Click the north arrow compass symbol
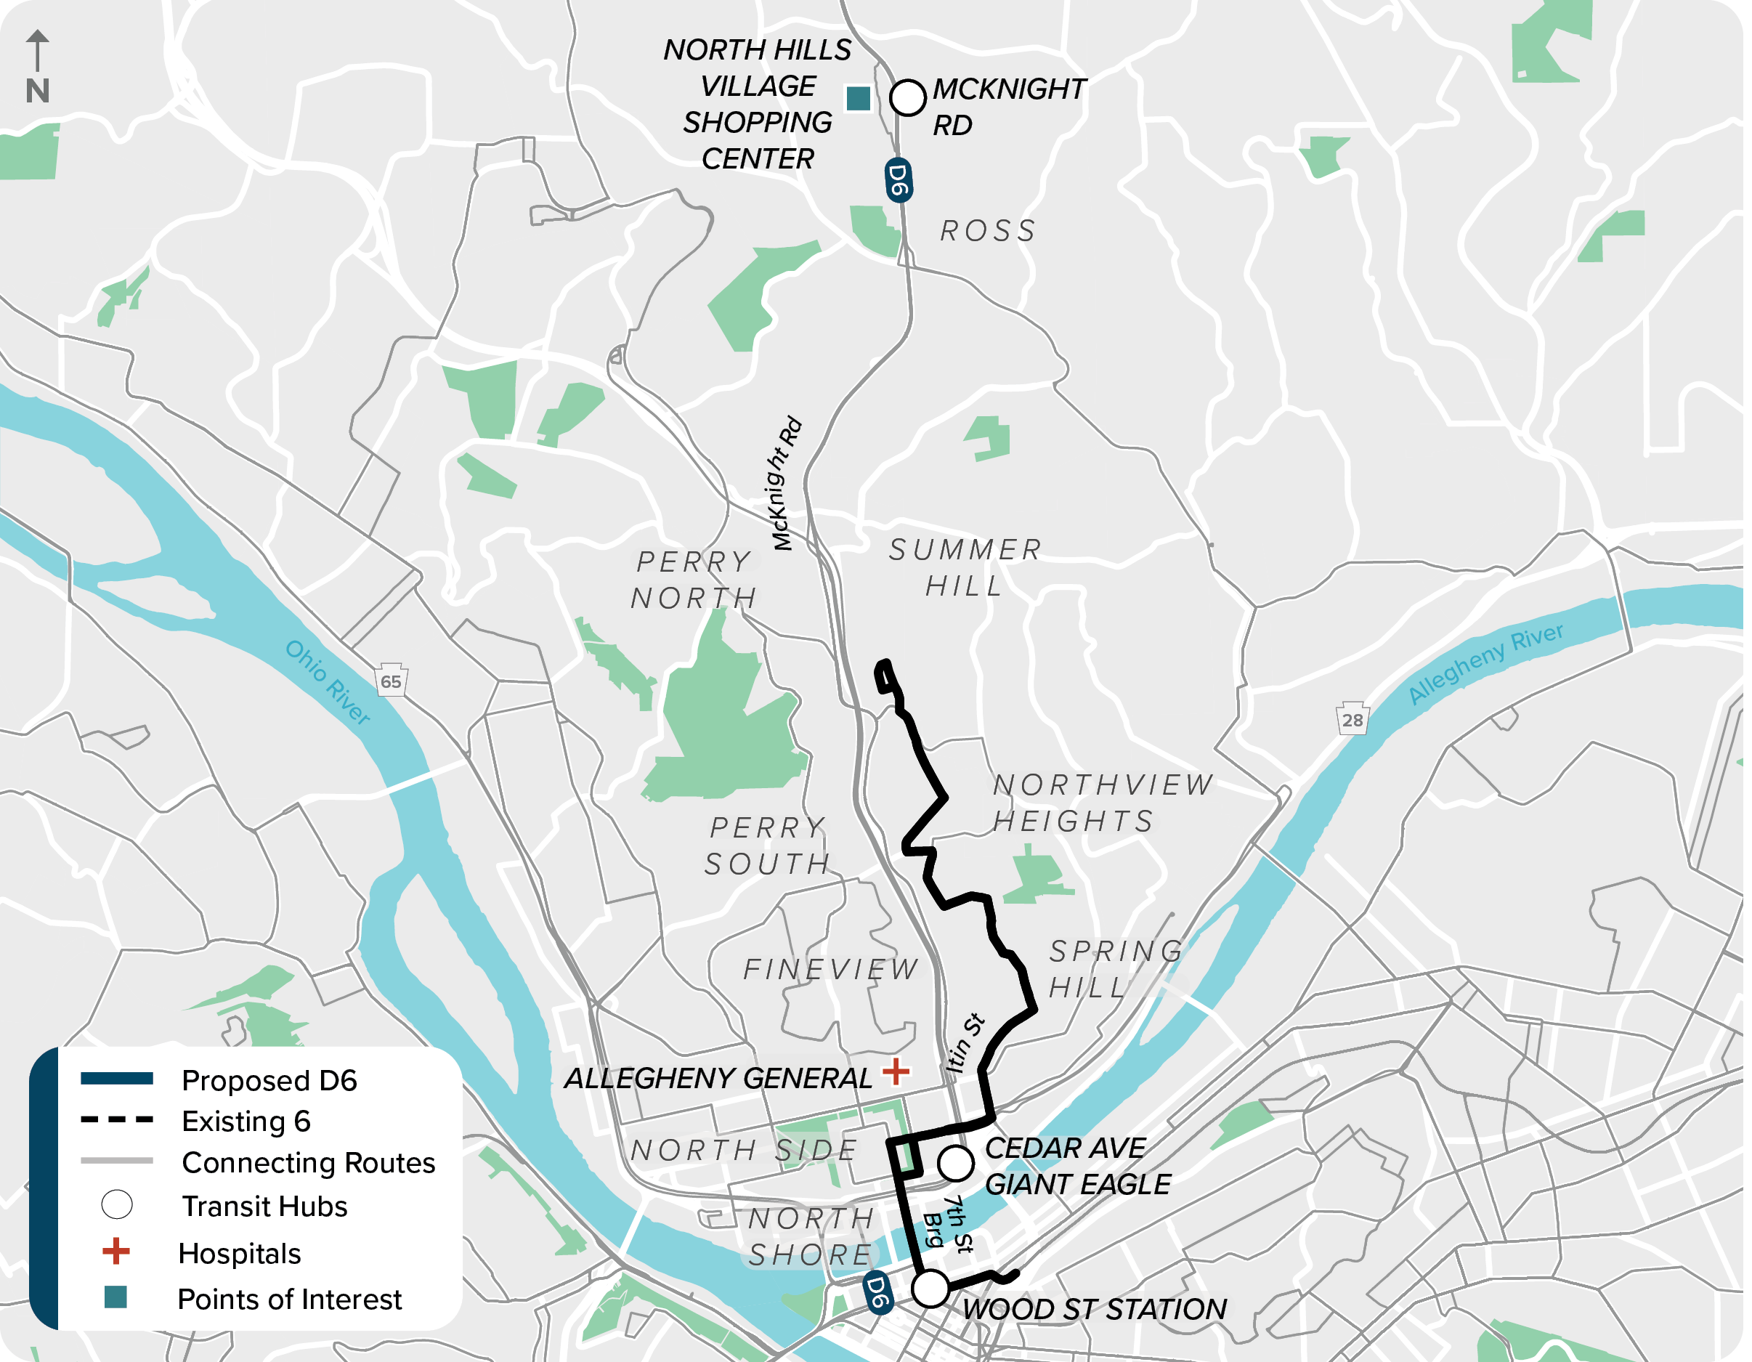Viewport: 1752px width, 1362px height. (x=37, y=68)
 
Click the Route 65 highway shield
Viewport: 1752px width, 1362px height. (x=392, y=682)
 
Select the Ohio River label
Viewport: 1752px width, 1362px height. (x=328, y=683)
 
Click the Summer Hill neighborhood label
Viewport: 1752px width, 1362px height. (x=967, y=568)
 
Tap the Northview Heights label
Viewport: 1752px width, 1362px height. (x=1104, y=803)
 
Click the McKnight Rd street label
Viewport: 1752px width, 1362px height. (x=787, y=484)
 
